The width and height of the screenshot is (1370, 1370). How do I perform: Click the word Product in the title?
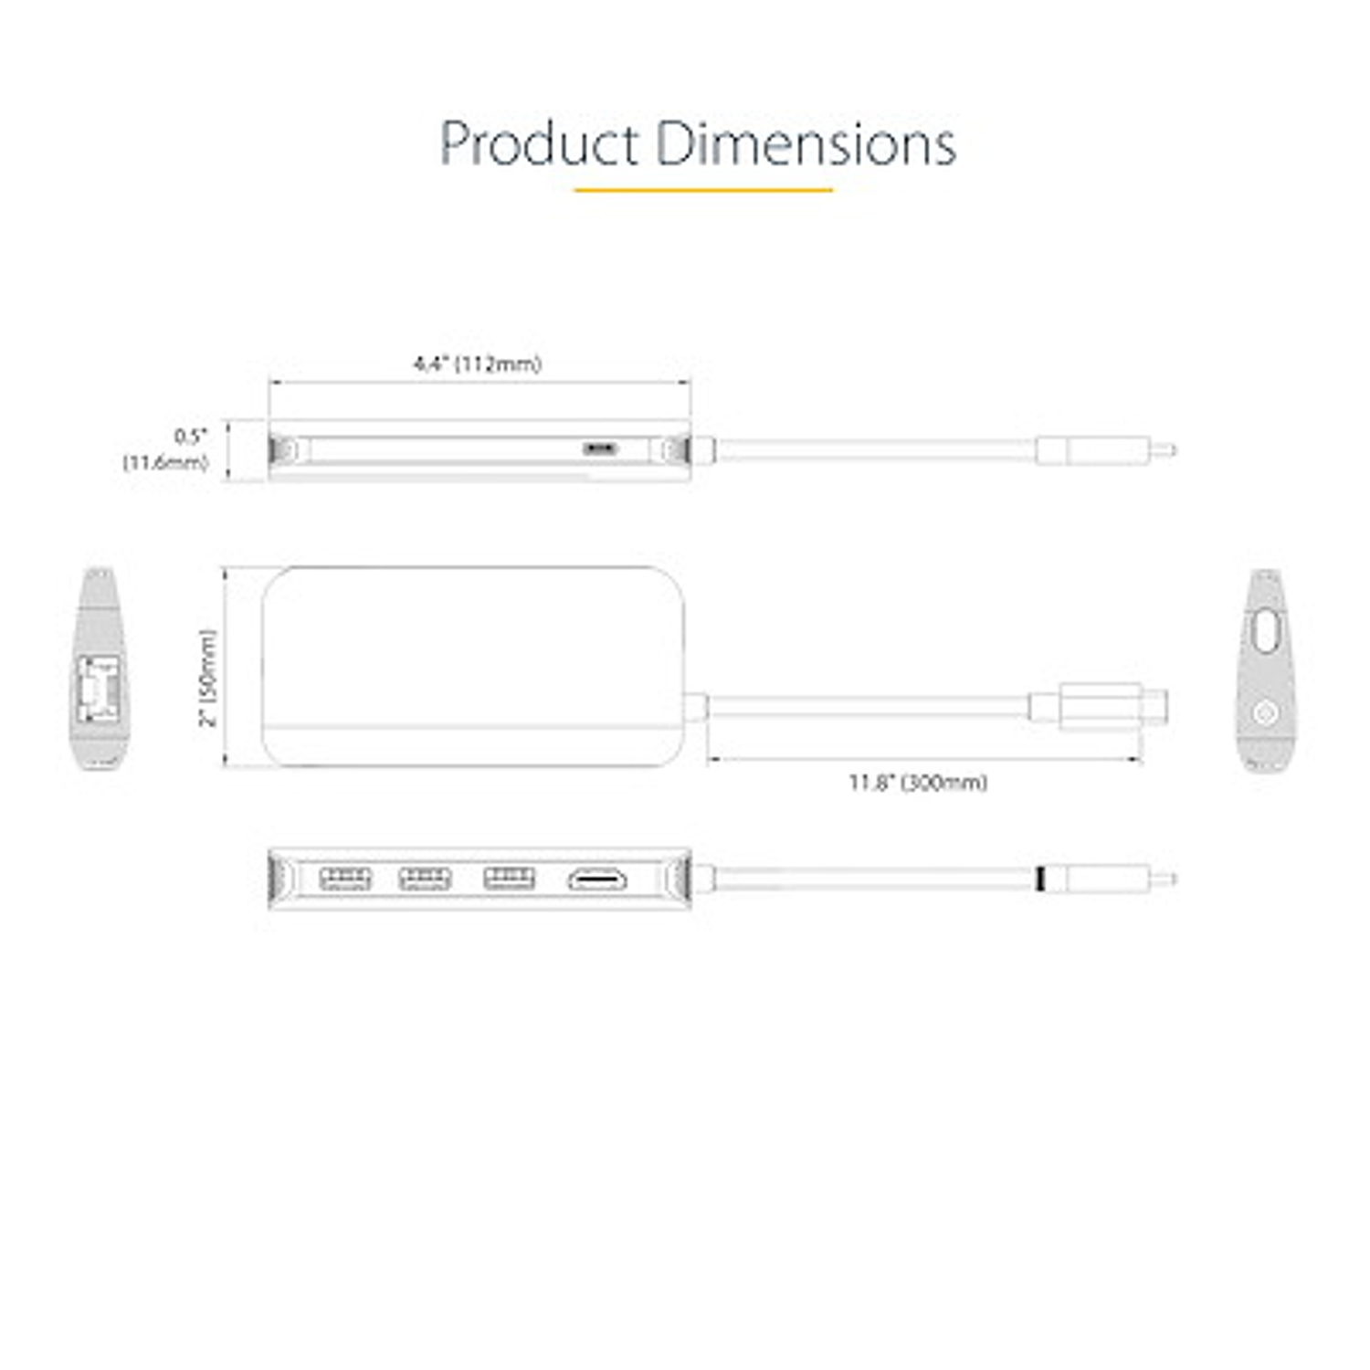pyautogui.click(x=539, y=144)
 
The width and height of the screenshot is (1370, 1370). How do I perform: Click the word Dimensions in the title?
pyautogui.click(x=806, y=144)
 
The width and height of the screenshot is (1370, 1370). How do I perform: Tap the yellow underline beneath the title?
pyautogui.click(x=702, y=190)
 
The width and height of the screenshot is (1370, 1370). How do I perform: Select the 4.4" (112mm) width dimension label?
pyautogui.click(x=477, y=364)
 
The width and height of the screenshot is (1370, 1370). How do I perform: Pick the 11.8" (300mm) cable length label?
pyautogui.click(x=918, y=783)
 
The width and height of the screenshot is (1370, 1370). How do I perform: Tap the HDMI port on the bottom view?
pyautogui.click(x=598, y=880)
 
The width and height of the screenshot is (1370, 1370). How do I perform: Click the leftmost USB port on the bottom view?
pyautogui.click(x=345, y=879)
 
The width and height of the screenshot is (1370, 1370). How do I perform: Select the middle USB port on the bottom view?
pyautogui.click(x=425, y=879)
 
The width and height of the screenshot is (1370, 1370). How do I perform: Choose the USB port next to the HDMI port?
pyautogui.click(x=509, y=879)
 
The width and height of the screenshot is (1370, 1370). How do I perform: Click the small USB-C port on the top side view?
pyautogui.click(x=600, y=448)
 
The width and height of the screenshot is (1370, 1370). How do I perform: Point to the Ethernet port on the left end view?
pyautogui.click(x=99, y=688)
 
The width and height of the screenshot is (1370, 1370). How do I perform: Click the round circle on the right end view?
pyautogui.click(x=1265, y=712)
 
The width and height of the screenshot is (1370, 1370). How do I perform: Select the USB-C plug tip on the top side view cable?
pyautogui.click(x=1164, y=450)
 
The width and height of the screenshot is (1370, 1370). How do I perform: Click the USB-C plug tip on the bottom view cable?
pyautogui.click(x=1164, y=880)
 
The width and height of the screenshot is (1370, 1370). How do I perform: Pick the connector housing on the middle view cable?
pyautogui.click(x=1101, y=706)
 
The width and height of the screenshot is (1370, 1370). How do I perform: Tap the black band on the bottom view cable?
pyautogui.click(x=1042, y=880)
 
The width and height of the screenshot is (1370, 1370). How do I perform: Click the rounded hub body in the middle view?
pyautogui.click(x=473, y=665)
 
